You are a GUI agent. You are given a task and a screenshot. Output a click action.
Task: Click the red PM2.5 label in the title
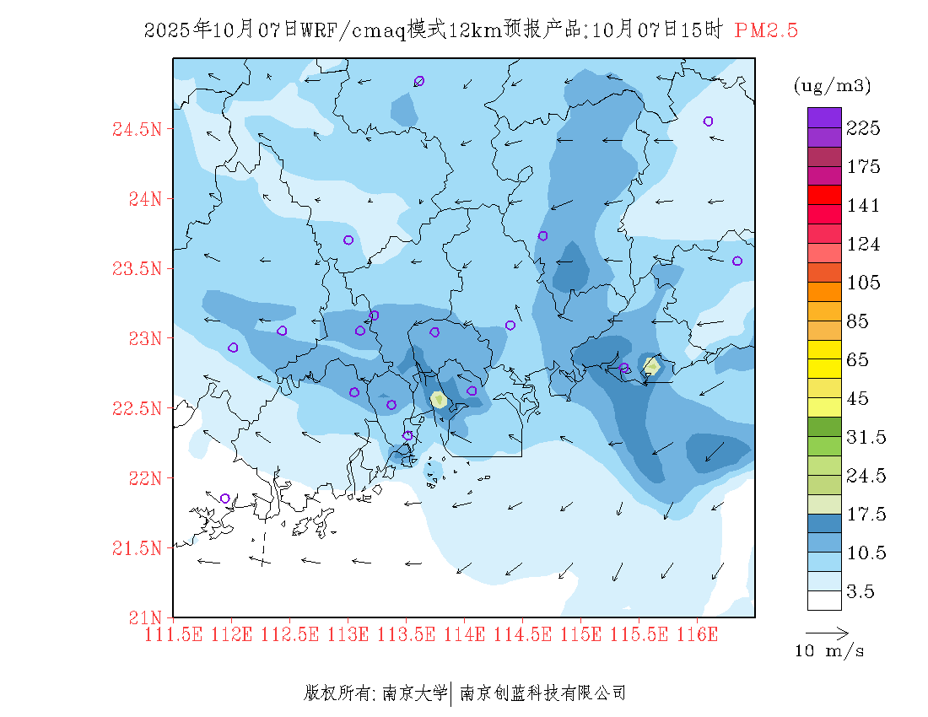(766, 30)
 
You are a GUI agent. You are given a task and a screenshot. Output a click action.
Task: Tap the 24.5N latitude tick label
(137, 129)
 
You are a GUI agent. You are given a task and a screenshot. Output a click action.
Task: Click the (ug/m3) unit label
(832, 85)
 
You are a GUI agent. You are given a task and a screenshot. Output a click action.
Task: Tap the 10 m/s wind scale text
(830, 651)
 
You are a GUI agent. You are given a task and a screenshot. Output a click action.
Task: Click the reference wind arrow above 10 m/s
(827, 632)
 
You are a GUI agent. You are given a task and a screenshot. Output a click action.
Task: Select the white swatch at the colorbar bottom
(824, 600)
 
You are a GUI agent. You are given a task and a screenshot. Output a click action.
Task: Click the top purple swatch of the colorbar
(824, 117)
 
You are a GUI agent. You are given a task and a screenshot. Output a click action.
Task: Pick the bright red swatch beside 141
(824, 194)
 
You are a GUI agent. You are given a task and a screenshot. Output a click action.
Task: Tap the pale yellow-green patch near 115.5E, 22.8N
(651, 366)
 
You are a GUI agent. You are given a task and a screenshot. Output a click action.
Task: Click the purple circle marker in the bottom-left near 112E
(225, 499)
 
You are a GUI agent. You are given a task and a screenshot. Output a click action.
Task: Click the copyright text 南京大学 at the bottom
(414, 693)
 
